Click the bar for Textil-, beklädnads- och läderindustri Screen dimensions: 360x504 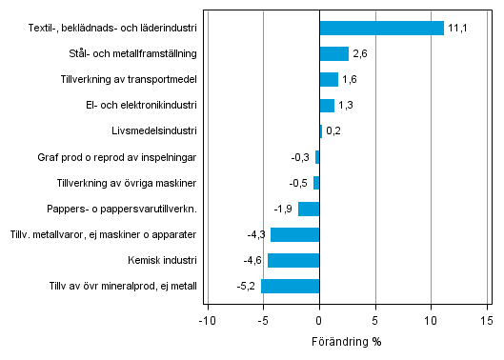pos(381,28)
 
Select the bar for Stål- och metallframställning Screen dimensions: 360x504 pos(333,53)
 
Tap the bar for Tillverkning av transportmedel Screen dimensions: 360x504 pos(329,79)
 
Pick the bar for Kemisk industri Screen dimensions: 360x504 pos(293,260)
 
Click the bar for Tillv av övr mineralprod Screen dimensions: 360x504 pos(290,286)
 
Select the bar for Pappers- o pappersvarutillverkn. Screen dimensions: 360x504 pos(309,209)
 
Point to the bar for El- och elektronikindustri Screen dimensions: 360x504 pos(327,105)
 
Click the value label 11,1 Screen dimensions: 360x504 pos(458,29)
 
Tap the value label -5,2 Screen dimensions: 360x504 pos(247,286)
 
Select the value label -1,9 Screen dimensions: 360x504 pos(284,209)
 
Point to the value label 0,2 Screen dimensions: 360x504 pos(333,131)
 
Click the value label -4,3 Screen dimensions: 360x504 pos(256,234)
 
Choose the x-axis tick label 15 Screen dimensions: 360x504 pos(487,321)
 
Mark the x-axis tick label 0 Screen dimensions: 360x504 pos(319,321)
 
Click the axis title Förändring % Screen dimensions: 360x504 pos(346,341)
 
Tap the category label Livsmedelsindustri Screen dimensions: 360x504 pos(154,130)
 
